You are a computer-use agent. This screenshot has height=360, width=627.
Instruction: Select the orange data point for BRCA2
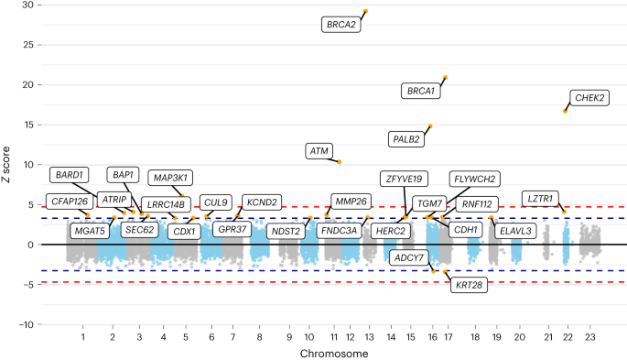point(365,12)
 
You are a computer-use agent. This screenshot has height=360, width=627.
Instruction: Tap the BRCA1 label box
point(421,91)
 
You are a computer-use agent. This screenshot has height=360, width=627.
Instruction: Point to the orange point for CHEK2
point(565,111)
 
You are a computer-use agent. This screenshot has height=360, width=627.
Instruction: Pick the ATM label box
point(319,150)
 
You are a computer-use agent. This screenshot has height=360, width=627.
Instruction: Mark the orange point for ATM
point(340,161)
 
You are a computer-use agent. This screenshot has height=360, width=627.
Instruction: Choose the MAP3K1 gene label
point(172,177)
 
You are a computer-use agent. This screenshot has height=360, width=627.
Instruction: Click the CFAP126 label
point(69,202)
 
